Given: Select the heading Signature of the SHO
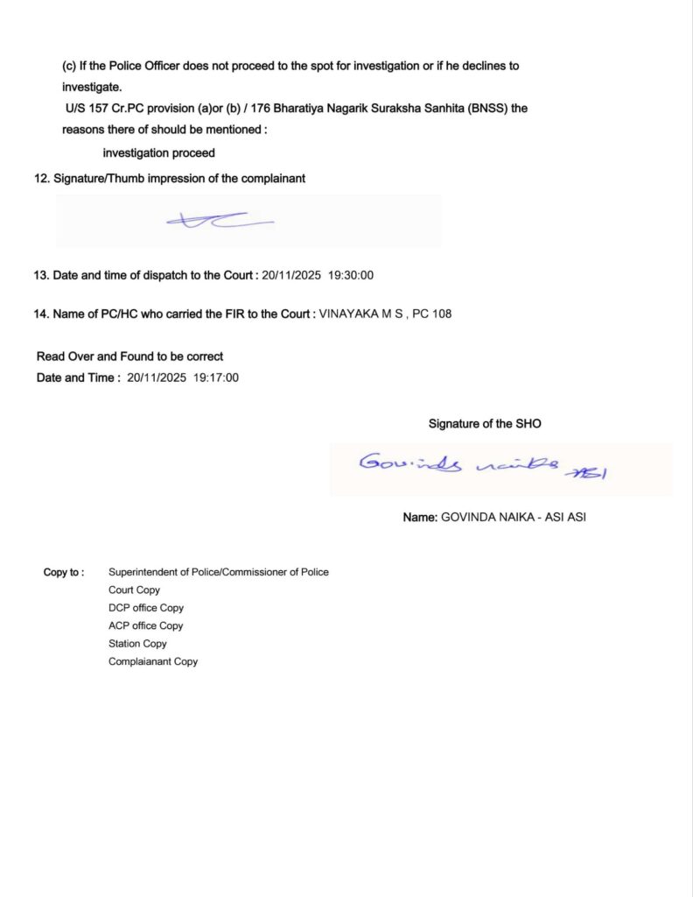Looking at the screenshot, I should (485, 424).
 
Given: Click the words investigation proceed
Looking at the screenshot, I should (158, 153).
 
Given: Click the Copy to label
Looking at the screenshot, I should (64, 572).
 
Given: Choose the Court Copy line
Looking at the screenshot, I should (134, 590).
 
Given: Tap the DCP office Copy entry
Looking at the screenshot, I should (146, 608).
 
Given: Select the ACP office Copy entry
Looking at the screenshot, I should (146, 625).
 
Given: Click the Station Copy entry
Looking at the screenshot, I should (137, 644).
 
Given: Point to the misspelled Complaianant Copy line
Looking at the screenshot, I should (153, 661).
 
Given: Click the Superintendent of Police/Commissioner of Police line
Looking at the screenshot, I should (219, 572).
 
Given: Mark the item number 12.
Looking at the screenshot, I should (40, 179).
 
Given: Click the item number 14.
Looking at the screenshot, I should (40, 314).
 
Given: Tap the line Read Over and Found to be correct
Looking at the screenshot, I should (129, 357).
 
